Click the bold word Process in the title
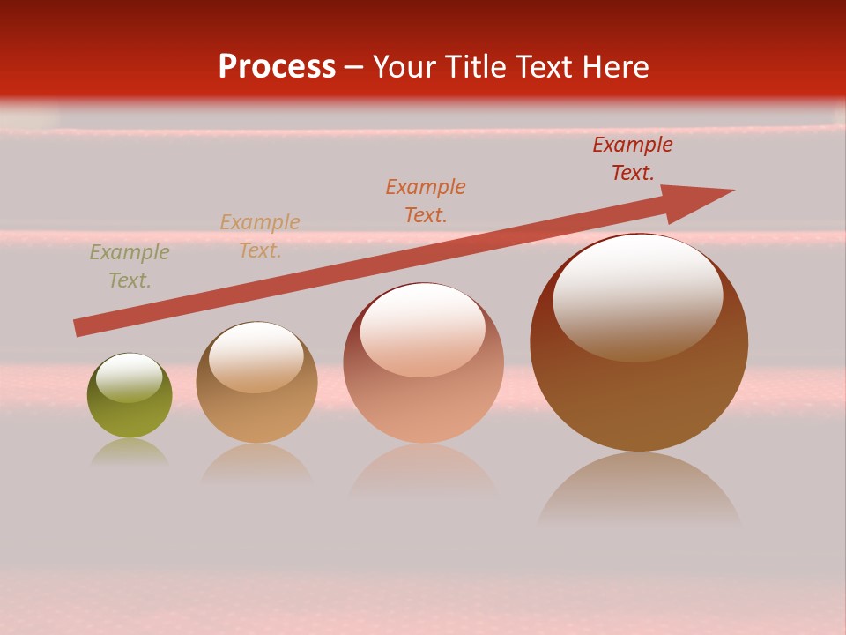tap(277, 67)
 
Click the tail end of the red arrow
tap(78, 328)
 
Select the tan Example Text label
tap(260, 236)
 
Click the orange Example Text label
tap(426, 200)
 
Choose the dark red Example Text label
tap(633, 158)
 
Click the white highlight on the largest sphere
tap(638, 295)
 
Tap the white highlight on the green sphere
tap(130, 377)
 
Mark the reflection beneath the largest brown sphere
tap(639, 489)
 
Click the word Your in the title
tap(399, 67)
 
